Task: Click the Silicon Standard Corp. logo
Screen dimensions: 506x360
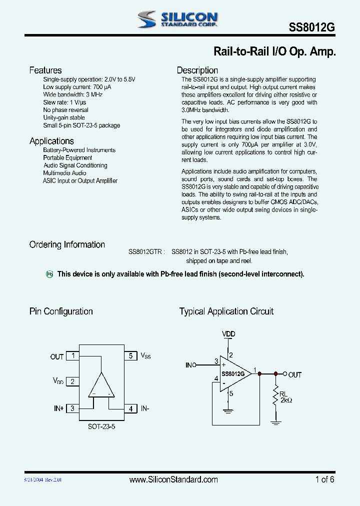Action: pos(177,19)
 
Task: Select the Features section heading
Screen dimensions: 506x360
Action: pos(45,70)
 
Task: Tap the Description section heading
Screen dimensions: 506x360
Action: pos(197,70)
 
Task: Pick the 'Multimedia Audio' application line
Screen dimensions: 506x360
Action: pos(64,173)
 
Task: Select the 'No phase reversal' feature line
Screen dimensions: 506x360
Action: pos(65,110)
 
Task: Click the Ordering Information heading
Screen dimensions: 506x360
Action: pos(67,244)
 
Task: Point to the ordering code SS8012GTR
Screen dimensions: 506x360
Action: pos(145,252)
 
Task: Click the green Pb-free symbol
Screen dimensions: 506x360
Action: pos(49,274)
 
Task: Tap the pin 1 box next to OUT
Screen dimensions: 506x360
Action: pos(73,356)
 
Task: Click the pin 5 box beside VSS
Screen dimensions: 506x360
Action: pos(130,356)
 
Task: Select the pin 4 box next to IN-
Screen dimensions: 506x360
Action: pos(130,408)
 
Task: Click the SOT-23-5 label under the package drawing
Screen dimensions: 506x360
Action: pos(101,427)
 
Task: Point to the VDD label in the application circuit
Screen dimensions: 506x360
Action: pos(228,334)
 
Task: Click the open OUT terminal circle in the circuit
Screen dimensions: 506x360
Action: pos(285,374)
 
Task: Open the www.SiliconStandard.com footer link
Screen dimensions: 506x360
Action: pos(173,479)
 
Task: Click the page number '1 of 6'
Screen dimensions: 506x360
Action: pos(324,479)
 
